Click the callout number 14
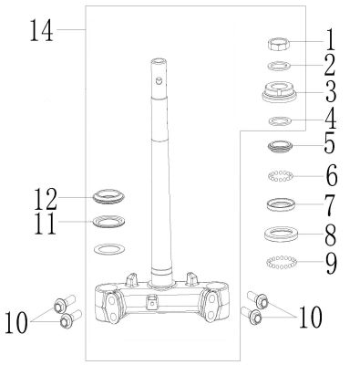[41, 30]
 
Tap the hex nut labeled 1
[279, 45]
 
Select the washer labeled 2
[279, 66]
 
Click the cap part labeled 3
[280, 92]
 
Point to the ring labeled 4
[280, 120]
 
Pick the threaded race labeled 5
[280, 146]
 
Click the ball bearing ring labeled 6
[281, 176]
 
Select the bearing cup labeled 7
[281, 203]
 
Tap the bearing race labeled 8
[281, 234]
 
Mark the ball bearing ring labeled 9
[281, 262]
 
